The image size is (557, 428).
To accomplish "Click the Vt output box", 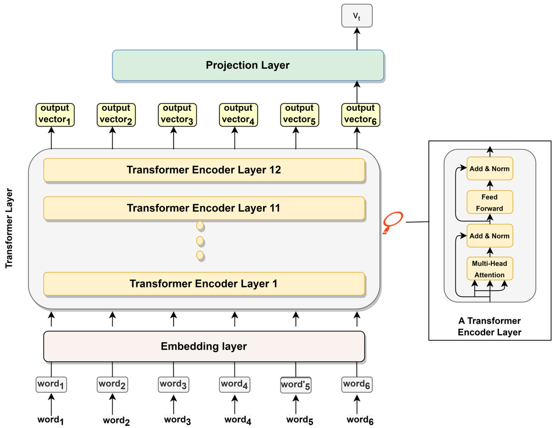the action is (x=357, y=16).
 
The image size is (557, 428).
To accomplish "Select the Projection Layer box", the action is (x=248, y=65).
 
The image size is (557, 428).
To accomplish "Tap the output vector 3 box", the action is (x=177, y=115).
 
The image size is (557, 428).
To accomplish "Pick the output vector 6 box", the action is (x=361, y=115).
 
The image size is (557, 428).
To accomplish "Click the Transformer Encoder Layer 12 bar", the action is (x=204, y=170).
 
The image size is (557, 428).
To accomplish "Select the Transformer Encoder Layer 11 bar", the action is (x=204, y=208).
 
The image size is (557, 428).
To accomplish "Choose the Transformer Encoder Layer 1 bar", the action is (x=204, y=284).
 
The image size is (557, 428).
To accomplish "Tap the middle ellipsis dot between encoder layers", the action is (x=200, y=241).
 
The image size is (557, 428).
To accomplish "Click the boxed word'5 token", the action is (x=296, y=385).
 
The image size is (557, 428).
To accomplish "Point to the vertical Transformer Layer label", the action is (x=9, y=228).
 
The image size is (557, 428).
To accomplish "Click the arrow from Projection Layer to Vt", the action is (x=357, y=39).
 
